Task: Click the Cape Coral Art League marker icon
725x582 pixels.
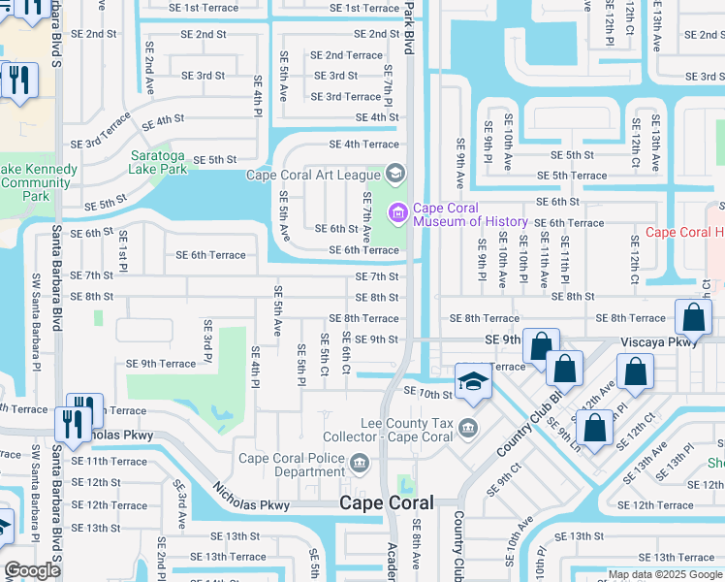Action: coord(394,175)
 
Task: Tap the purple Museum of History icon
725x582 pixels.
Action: coord(397,212)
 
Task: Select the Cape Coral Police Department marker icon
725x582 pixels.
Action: coord(361,465)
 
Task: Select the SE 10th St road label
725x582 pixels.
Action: coord(427,394)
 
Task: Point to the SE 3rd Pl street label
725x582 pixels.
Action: coord(206,341)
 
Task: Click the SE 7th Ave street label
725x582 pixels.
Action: coord(366,216)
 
